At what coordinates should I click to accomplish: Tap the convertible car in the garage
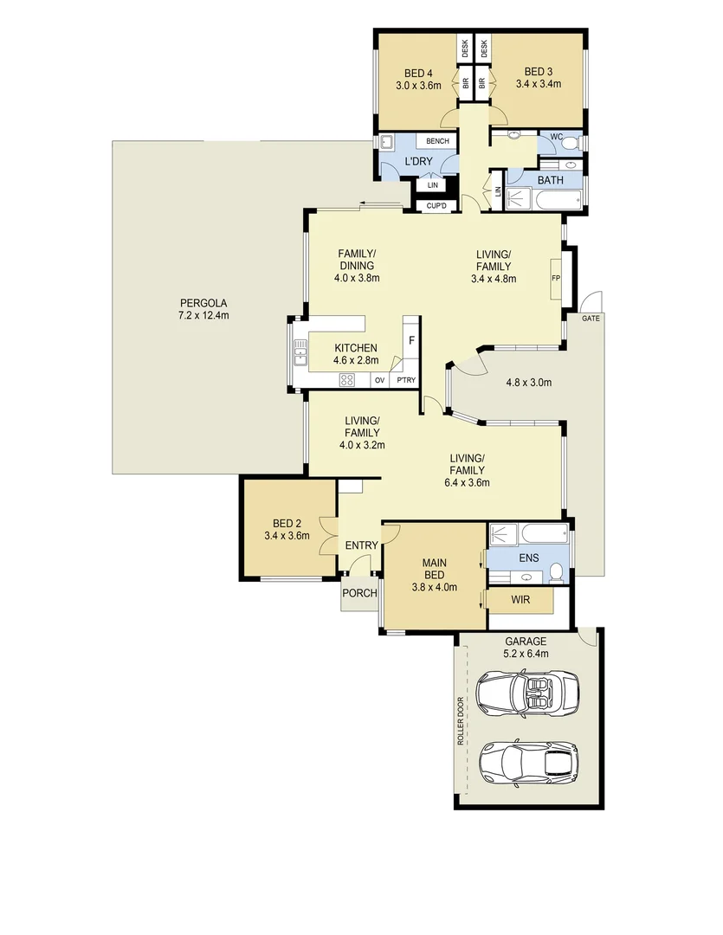[x=525, y=694]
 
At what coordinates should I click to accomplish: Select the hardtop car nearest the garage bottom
[x=527, y=759]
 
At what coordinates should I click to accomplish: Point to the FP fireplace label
[x=556, y=278]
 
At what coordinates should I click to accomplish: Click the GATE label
[x=591, y=318]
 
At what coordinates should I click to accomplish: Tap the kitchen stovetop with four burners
[x=348, y=379]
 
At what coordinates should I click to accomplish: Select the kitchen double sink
[x=300, y=353]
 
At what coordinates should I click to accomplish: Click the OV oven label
[x=379, y=380]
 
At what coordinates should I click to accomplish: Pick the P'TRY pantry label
[x=404, y=380]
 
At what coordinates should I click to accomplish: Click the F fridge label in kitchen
[x=411, y=340]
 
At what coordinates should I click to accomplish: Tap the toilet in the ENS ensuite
[x=557, y=570]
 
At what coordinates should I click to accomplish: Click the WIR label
[x=520, y=599]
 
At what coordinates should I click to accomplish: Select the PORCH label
[x=359, y=593]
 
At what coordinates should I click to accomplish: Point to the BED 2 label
[x=287, y=523]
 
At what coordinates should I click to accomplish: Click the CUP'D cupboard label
[x=436, y=206]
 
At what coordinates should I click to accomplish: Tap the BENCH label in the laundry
[x=436, y=141]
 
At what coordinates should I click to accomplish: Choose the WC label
[x=556, y=136]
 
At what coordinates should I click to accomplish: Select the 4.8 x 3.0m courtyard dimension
[x=528, y=382]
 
